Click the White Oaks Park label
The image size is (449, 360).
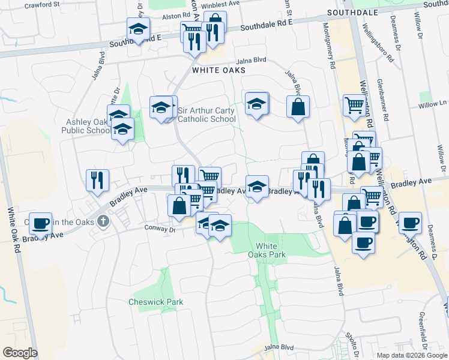(267, 250)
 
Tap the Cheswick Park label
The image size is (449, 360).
(155, 302)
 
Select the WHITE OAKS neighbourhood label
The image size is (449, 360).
(218, 70)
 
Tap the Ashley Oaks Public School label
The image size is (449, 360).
(88, 126)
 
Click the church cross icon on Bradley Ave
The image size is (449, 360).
(103, 221)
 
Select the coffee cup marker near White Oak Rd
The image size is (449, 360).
(40, 223)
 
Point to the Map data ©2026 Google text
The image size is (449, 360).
(412, 355)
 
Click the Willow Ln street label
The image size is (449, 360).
(438, 104)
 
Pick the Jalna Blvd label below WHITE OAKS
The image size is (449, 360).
(251, 60)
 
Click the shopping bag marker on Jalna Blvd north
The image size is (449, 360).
(298, 107)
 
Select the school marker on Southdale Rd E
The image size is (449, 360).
(138, 29)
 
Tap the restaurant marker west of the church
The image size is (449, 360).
(97, 179)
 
